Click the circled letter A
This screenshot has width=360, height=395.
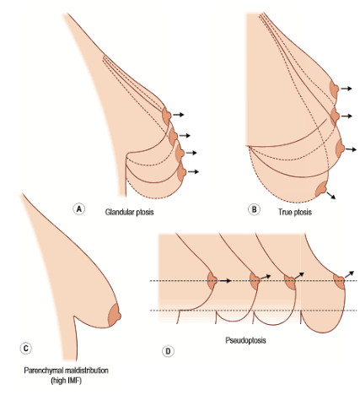point(79,209)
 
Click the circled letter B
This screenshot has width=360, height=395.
point(254,209)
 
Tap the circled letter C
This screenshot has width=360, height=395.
point(26,349)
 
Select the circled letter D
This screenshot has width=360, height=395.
point(168,351)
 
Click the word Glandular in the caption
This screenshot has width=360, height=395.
point(120,212)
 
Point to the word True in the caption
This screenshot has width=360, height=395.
point(285,212)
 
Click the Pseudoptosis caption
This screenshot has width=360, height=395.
point(245,340)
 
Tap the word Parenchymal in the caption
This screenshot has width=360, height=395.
point(44,371)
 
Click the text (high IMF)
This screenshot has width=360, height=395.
point(67,381)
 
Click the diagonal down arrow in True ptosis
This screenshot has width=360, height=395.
point(331,196)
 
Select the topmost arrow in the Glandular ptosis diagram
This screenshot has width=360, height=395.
point(179,115)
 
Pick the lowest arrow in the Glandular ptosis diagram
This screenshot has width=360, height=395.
point(193,171)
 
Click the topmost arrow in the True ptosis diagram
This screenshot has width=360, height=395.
point(347,89)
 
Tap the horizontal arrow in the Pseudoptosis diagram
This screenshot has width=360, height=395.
point(225,281)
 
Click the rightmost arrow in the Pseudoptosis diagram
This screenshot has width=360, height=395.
point(350,274)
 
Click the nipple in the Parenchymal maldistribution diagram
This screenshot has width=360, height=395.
point(115,316)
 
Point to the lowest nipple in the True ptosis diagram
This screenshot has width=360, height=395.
point(321,189)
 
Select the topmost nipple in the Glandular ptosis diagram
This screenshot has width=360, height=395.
point(167,116)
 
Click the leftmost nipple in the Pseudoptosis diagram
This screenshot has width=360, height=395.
point(212,281)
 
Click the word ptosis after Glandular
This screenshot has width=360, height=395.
point(145,212)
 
